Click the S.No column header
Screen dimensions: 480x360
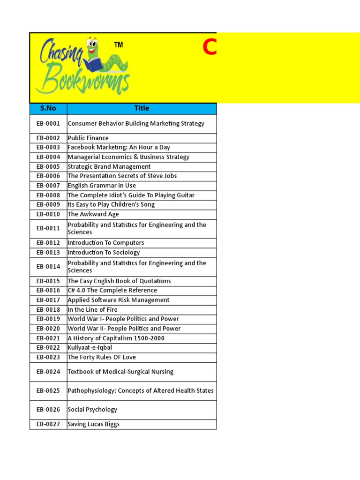48,108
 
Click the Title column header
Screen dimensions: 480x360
142,108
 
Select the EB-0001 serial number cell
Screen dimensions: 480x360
48,124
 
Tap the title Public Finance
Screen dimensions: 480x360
88,138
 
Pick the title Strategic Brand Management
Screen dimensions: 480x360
109,167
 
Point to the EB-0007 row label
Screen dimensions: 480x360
48,186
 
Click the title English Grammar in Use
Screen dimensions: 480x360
102,186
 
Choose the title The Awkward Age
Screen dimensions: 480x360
93,214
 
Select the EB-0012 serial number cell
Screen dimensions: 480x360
48,243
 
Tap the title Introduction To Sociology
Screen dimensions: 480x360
104,253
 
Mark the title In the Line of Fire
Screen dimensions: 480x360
93,310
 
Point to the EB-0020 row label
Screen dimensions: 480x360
48,329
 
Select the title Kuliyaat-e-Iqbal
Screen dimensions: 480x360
90,348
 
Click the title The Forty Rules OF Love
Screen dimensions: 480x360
102,357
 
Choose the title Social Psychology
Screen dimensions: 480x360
92,410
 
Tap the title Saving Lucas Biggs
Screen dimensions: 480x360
94,424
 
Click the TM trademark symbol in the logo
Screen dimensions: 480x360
119,45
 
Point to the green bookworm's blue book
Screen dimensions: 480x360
95,64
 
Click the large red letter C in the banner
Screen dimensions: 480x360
209,48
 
